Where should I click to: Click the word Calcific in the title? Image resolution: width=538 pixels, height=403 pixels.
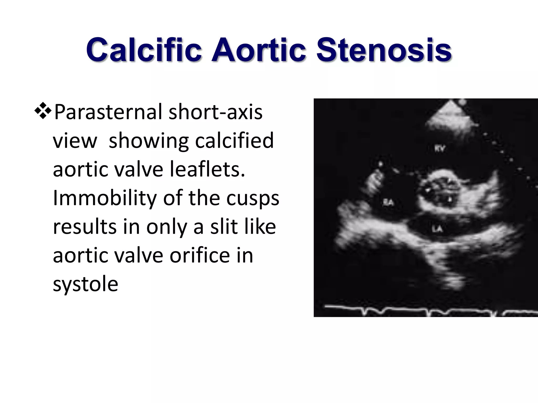click(144, 50)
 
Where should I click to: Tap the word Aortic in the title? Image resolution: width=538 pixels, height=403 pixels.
click(259, 50)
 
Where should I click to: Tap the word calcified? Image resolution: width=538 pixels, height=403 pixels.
click(234, 141)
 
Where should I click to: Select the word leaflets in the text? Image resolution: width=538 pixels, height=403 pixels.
click(207, 169)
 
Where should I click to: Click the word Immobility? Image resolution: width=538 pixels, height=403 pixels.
click(105, 198)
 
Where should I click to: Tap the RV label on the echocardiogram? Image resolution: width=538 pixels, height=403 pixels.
click(440, 149)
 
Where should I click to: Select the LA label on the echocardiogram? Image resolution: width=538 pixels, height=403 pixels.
click(437, 229)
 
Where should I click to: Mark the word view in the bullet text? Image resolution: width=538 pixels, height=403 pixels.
click(75, 141)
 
